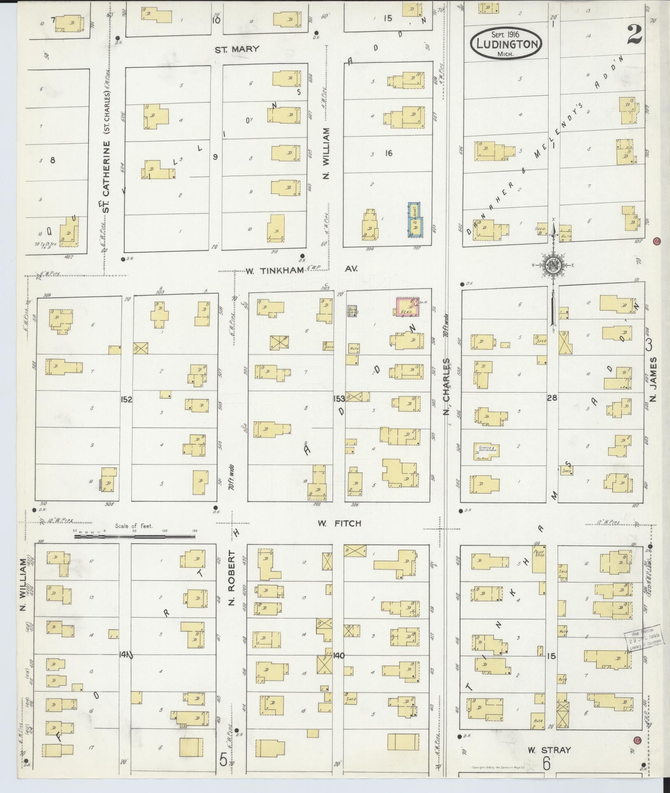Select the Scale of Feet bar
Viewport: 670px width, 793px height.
pyautogui.click(x=135, y=537)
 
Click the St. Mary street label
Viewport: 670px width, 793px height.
pyautogui.click(x=237, y=49)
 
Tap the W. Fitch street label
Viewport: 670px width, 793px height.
pyautogui.click(x=339, y=523)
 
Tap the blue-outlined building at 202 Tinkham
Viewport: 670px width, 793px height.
pyautogui.click(x=415, y=220)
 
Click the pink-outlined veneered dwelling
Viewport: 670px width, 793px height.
pyautogui.click(x=407, y=307)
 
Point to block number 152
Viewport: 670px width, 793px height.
pyautogui.click(x=126, y=399)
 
